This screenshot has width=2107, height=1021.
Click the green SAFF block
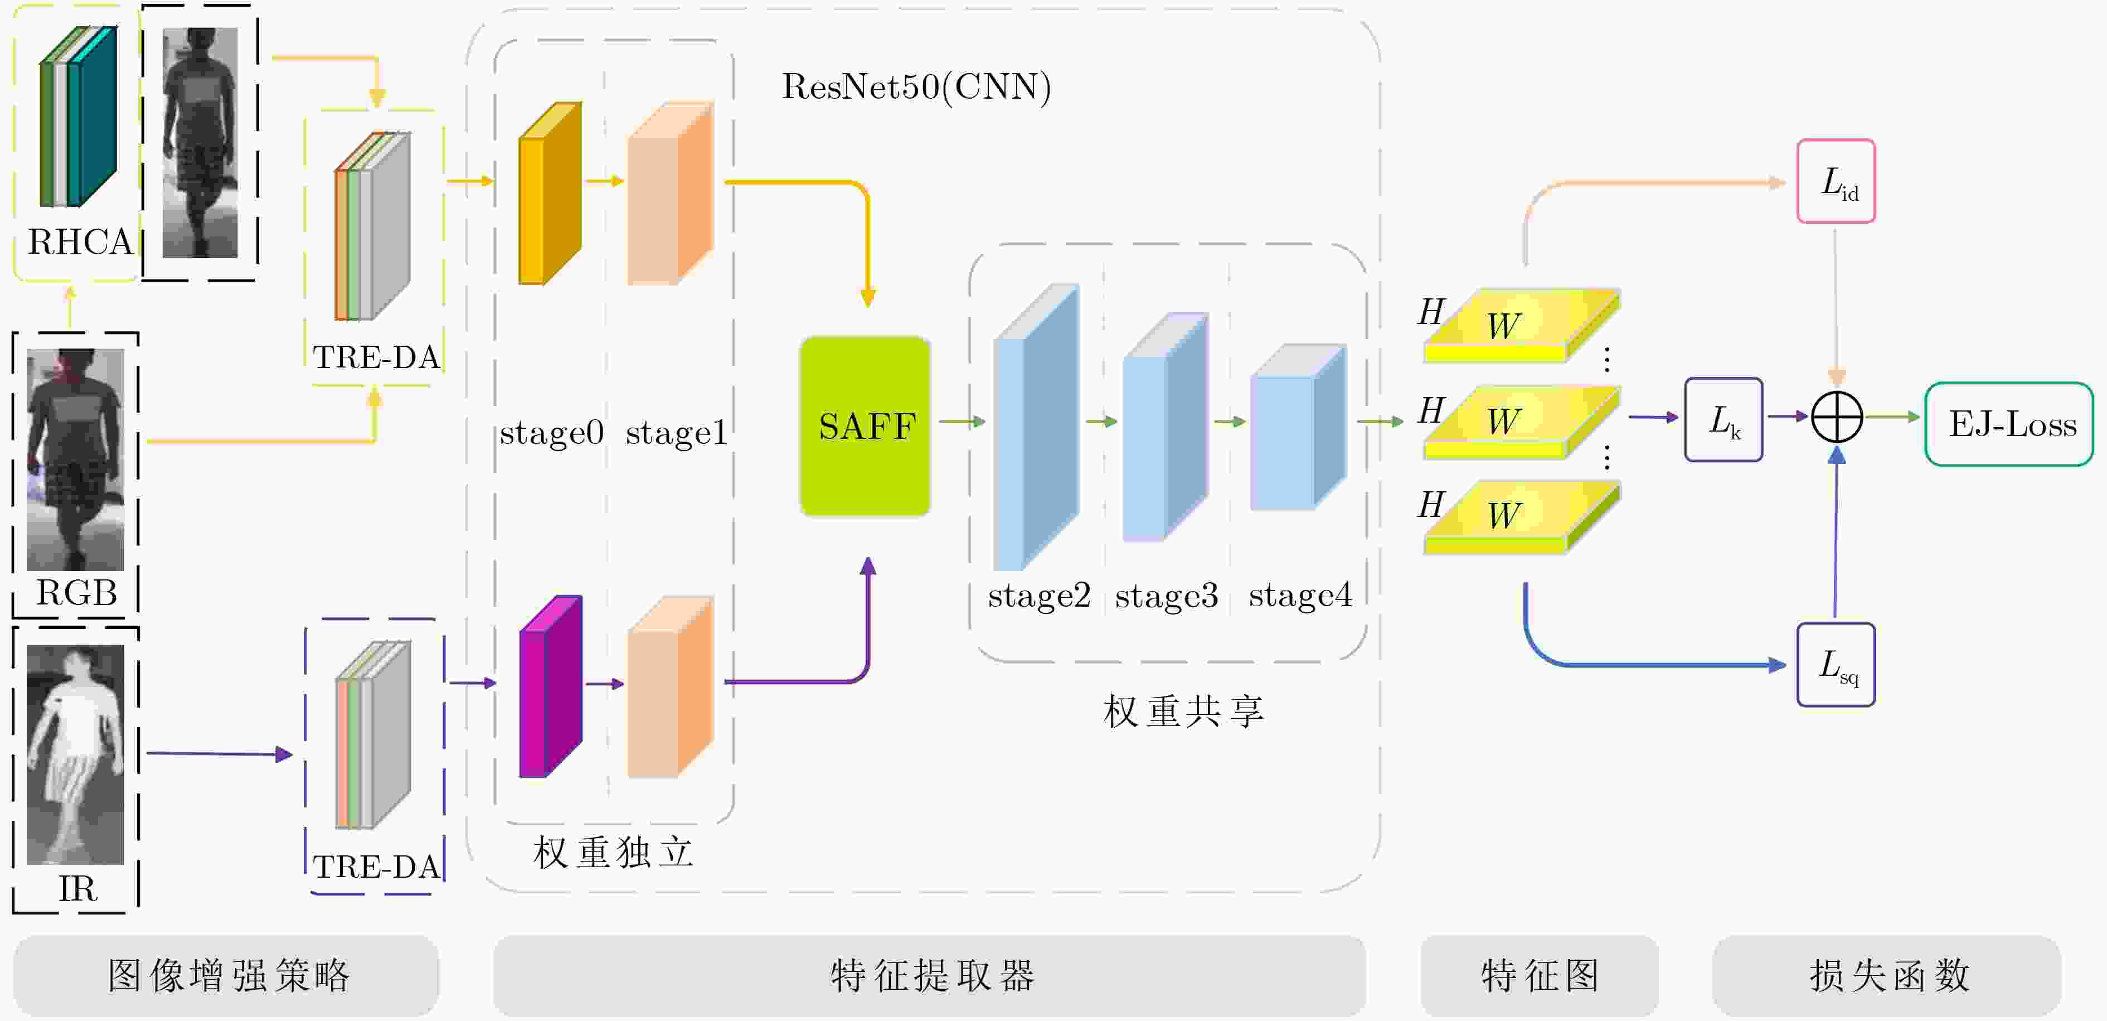tap(865, 426)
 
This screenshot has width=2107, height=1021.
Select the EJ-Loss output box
tap(2009, 424)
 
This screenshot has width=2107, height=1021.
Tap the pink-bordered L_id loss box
tap(1836, 181)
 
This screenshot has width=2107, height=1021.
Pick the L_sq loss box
tap(1836, 664)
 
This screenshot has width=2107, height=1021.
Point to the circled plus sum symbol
tap(1837, 417)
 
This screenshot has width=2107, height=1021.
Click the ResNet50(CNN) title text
tap(916, 87)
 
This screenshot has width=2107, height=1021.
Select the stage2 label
tap(1039, 596)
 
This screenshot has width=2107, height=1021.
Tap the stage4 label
tap(1300, 596)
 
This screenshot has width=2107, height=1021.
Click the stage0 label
tap(551, 433)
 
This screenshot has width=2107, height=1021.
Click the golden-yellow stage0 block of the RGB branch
tap(551, 193)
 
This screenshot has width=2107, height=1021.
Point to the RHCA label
tap(79, 242)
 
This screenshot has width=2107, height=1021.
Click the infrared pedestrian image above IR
tap(75, 754)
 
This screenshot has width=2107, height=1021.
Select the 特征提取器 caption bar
tap(929, 976)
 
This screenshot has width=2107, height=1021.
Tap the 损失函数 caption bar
tap(1887, 976)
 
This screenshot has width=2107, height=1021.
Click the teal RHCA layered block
tap(79, 116)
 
